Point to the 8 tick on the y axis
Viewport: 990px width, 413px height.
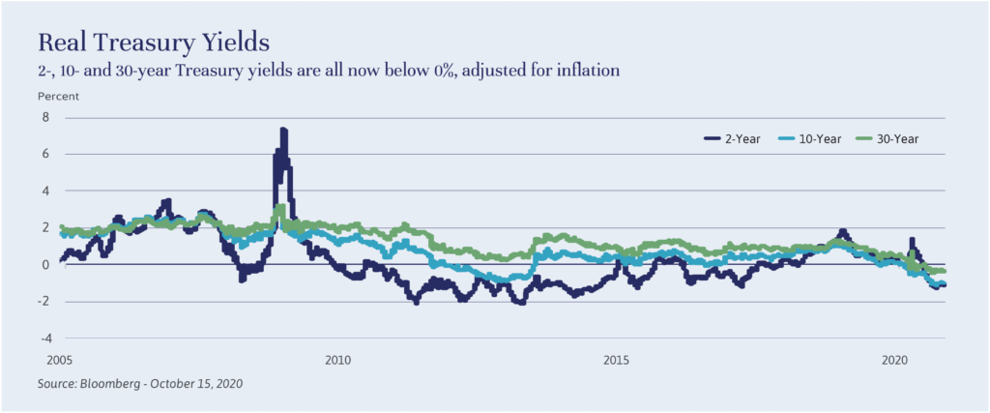tap(44, 117)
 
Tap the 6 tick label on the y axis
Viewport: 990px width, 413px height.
tap(44, 154)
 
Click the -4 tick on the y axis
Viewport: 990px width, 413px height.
tap(43, 339)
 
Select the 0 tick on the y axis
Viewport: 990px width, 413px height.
tap(44, 264)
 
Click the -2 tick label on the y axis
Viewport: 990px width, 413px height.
tap(43, 302)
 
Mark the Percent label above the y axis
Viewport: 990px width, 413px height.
tap(57, 97)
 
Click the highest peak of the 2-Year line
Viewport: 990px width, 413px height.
tap(283, 130)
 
